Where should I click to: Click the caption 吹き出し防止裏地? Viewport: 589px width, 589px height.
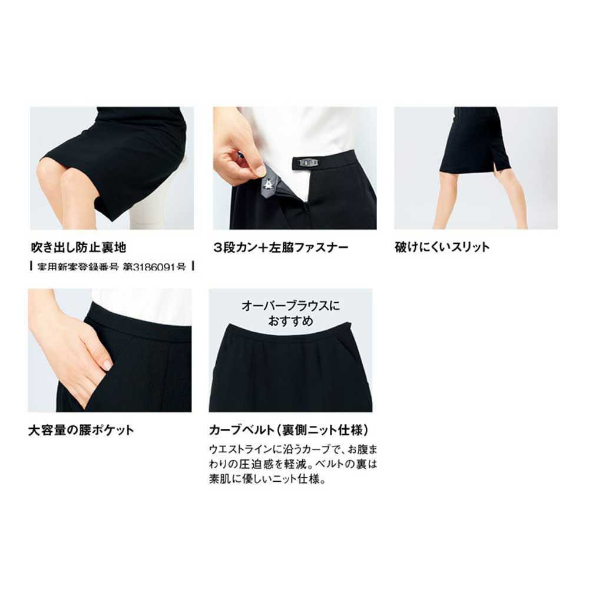(x=78, y=247)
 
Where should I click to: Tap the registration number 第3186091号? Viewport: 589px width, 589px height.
(x=154, y=267)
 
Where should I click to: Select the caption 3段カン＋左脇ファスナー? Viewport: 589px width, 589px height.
(x=280, y=247)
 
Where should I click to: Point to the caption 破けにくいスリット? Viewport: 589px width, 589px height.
(x=442, y=247)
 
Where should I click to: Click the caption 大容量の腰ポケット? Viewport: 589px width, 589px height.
(x=81, y=430)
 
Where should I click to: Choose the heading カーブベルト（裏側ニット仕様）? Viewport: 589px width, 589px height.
(x=289, y=430)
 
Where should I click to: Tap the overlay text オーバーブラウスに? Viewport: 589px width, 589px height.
(x=291, y=306)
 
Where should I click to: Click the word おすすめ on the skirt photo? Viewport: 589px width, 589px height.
(x=291, y=321)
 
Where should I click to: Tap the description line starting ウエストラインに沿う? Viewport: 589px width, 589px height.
(x=293, y=449)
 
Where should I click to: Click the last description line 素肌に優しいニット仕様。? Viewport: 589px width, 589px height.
(x=267, y=479)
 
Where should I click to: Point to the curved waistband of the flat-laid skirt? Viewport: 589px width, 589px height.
(x=289, y=336)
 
